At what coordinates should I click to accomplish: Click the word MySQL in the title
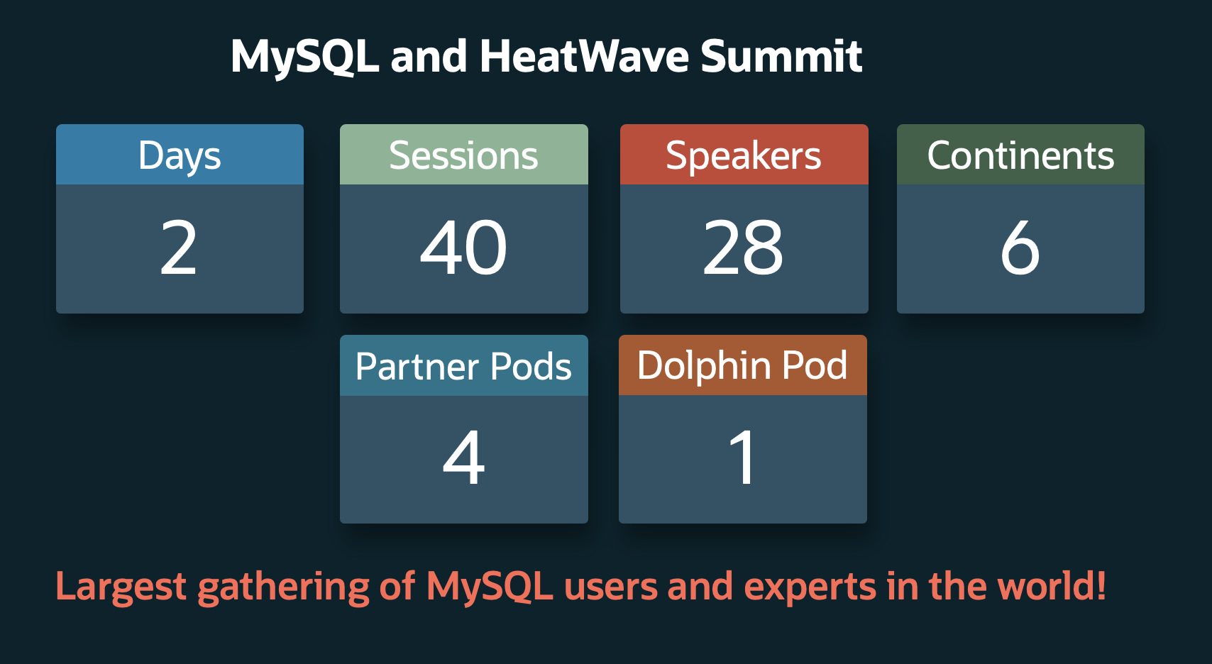tap(305, 57)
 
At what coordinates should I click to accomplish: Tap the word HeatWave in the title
tap(584, 57)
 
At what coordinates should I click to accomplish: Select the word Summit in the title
tap(781, 57)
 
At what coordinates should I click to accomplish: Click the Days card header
tap(180, 155)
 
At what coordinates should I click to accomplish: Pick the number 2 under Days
tap(179, 248)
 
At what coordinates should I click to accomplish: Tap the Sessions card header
tap(463, 155)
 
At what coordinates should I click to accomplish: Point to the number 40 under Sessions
tap(463, 248)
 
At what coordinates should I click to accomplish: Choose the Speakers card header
tap(743, 155)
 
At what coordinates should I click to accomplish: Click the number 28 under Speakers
tap(743, 248)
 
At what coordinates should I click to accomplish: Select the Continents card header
tap(1020, 155)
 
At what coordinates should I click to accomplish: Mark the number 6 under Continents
tap(1020, 248)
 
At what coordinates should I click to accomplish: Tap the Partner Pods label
tap(463, 366)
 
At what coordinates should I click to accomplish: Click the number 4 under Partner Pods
tap(463, 458)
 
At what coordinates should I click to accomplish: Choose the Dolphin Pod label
tap(742, 365)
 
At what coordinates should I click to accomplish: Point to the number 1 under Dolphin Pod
tap(743, 458)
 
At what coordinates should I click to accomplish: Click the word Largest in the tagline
tap(121, 587)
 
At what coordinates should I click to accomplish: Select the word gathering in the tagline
tap(284, 587)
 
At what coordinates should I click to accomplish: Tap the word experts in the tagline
tap(810, 587)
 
